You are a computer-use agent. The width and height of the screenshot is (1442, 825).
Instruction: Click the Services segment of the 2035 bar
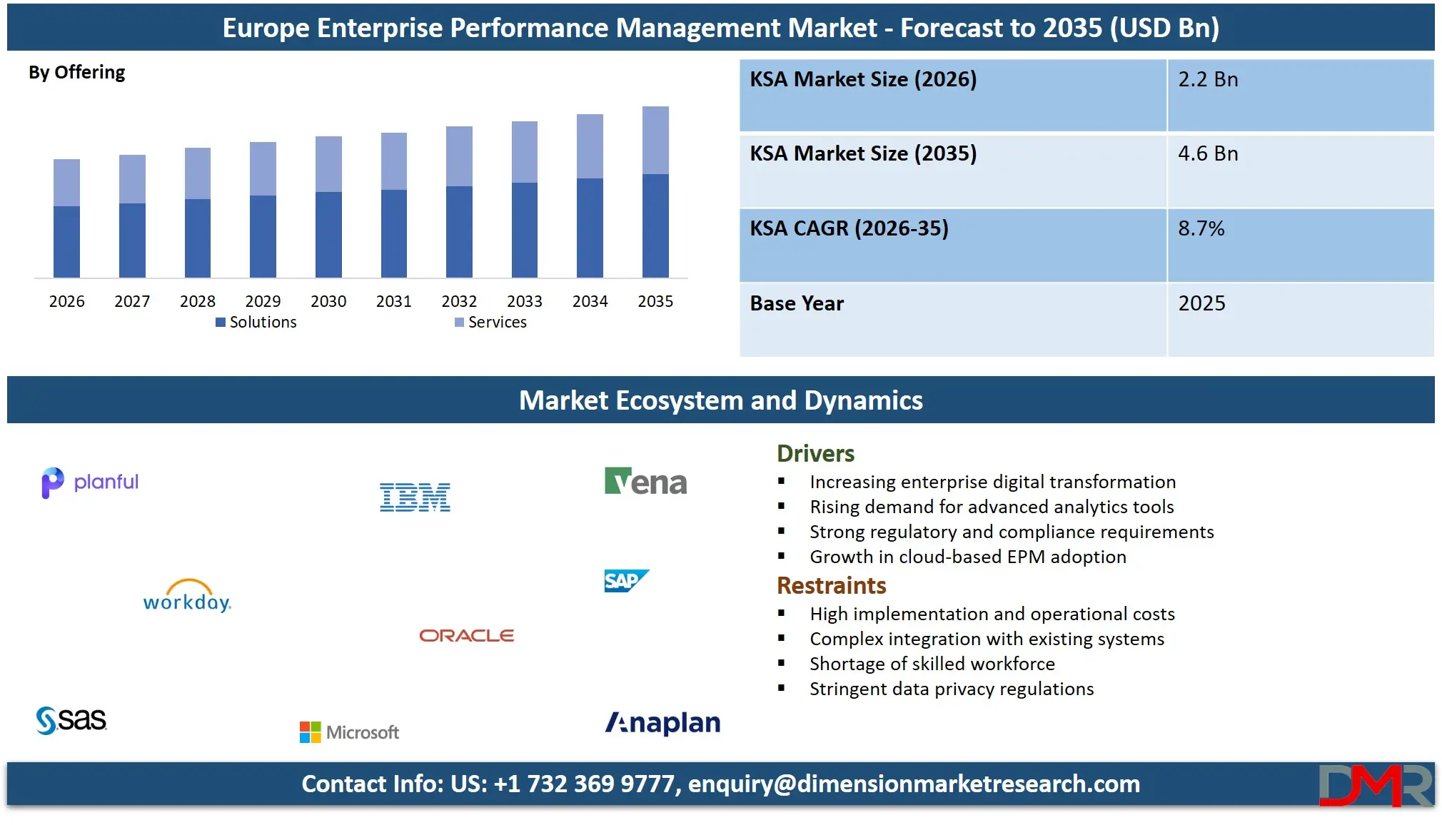coord(655,141)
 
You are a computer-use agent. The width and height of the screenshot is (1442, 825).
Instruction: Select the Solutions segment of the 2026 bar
coord(66,241)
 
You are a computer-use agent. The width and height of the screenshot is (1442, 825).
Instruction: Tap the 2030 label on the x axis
coord(328,301)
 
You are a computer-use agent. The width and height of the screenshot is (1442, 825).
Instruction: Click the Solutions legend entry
coord(256,323)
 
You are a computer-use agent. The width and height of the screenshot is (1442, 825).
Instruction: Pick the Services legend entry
coord(491,323)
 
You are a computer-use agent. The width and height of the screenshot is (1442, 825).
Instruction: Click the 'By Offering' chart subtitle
coord(76,73)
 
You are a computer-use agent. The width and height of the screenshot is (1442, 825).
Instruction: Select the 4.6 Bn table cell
coord(1208,153)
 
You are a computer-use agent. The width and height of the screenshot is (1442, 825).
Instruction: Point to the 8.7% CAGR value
coord(1201,228)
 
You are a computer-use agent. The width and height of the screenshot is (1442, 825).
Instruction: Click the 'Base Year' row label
coord(797,303)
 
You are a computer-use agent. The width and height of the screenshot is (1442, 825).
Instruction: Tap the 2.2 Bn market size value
coord(1208,79)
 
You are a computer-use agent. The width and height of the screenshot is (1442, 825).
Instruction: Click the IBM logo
coord(415,497)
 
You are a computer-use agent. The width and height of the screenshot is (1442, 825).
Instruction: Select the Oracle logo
coord(466,635)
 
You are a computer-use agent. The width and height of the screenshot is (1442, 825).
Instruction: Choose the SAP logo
coord(626,581)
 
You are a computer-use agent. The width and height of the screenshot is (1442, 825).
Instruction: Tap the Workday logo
coord(187,597)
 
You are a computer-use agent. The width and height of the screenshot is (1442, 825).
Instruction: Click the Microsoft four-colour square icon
coord(310,732)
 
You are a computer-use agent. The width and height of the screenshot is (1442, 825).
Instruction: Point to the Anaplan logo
coord(662,723)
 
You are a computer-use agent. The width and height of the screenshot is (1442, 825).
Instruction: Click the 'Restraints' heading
coord(831,586)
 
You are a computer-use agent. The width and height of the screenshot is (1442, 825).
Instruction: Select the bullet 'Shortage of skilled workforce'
coord(932,664)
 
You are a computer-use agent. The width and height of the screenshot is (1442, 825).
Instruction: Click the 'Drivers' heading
coord(815,454)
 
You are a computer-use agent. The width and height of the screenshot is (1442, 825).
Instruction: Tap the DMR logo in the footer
coord(1375,785)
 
